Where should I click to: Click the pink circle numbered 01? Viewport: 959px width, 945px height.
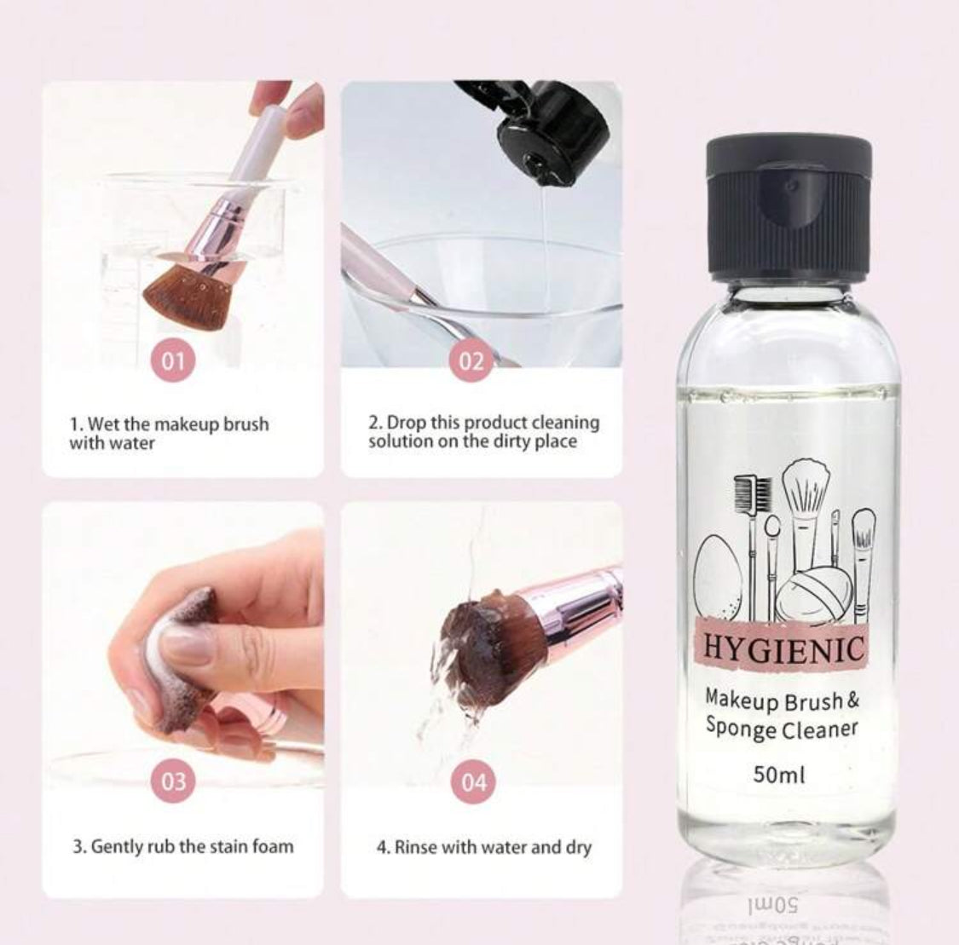tap(174, 362)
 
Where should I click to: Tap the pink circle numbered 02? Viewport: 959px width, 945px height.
tap(472, 362)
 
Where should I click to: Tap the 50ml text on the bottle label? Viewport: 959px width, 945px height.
tap(779, 775)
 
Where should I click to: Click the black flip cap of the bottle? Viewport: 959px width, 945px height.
tap(789, 206)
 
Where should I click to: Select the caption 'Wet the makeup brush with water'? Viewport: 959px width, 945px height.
tap(169, 433)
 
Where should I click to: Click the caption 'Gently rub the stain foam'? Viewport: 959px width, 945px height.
tap(182, 847)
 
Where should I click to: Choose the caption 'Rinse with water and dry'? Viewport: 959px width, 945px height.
tap(484, 848)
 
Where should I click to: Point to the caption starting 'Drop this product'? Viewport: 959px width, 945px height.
tap(483, 432)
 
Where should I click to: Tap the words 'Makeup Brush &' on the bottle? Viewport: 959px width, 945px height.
tap(780, 700)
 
